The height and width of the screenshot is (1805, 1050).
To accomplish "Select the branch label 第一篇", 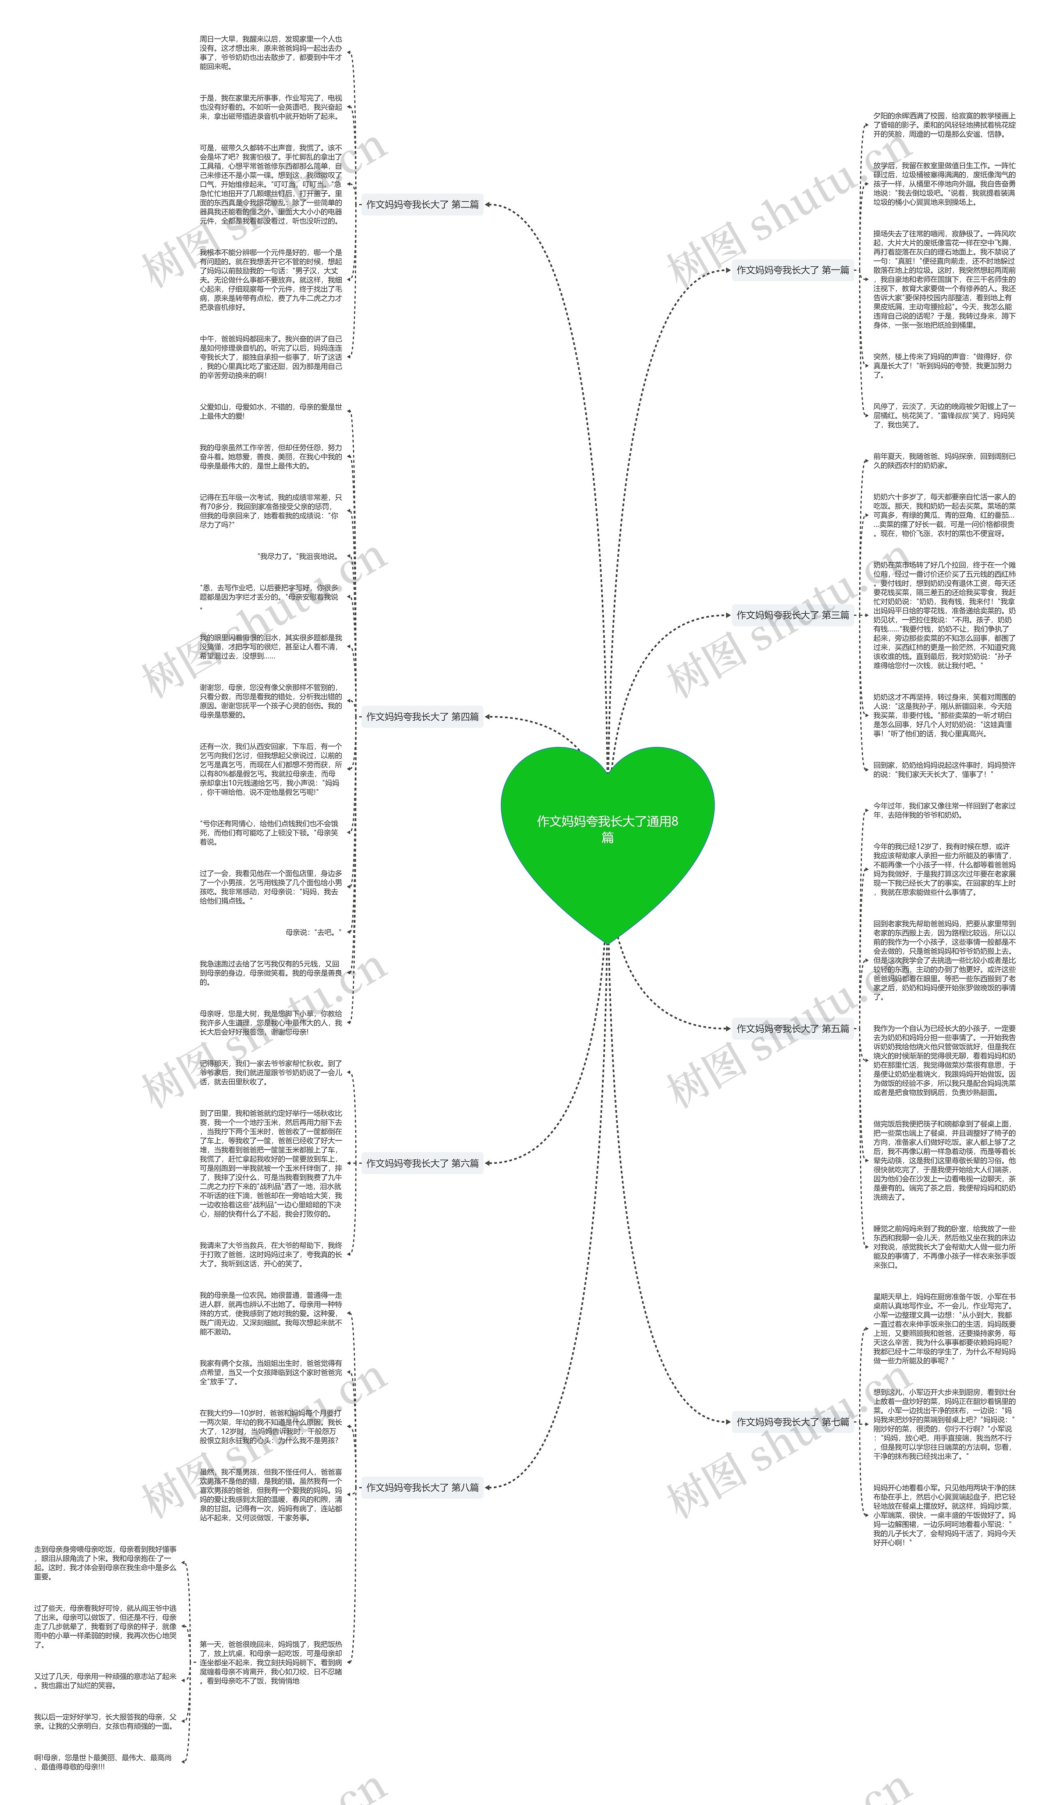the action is [793, 270].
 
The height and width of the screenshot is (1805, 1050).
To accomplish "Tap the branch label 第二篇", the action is [422, 204].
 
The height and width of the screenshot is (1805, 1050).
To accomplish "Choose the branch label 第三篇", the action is [793, 615].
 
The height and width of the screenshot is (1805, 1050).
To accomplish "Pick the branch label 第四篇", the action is [422, 716].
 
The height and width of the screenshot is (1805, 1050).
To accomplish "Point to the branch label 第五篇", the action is [793, 1028].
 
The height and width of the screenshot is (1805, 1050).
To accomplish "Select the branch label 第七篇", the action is [793, 1422].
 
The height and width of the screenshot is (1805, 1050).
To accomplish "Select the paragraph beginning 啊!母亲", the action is [104, 1762].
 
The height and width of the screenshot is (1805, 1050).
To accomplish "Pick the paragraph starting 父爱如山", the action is [271, 411].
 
